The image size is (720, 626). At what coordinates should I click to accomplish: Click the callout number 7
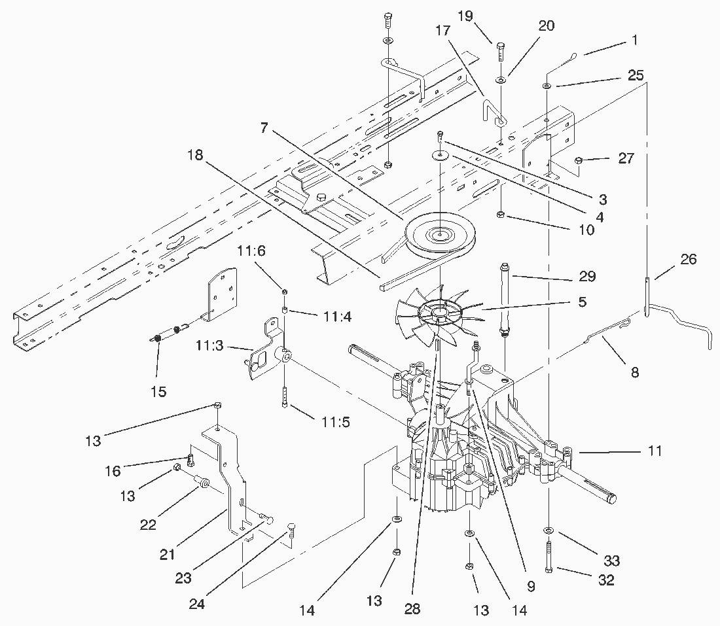pyautogui.click(x=264, y=128)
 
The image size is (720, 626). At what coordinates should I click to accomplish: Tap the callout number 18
pyautogui.click(x=195, y=155)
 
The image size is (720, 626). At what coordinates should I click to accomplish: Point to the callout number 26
pyautogui.click(x=688, y=259)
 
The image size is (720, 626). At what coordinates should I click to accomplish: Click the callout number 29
pyautogui.click(x=587, y=276)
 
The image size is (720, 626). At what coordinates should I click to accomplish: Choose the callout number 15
pyautogui.click(x=158, y=391)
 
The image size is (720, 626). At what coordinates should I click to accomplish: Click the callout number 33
pyautogui.click(x=611, y=561)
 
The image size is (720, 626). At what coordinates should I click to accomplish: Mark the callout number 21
pyautogui.click(x=168, y=555)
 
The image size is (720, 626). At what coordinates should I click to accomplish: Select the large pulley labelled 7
pyautogui.click(x=440, y=234)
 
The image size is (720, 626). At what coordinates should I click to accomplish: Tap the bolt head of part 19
pyautogui.click(x=501, y=46)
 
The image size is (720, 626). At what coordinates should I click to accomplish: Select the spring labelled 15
pyautogui.click(x=158, y=338)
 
